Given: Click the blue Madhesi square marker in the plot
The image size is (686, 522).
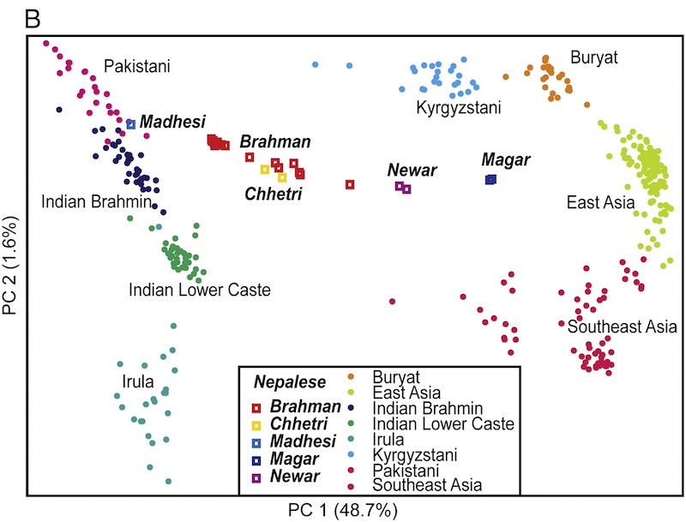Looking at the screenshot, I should click(x=131, y=124).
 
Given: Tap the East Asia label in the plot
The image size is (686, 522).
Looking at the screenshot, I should click(x=599, y=203).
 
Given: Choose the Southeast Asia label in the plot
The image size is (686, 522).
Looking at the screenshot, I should click(x=623, y=327).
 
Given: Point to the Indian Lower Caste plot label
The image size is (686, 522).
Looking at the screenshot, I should click(x=200, y=291).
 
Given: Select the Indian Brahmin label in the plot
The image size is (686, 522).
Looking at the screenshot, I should click(x=97, y=201).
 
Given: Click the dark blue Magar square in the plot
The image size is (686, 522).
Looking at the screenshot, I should click(x=490, y=179).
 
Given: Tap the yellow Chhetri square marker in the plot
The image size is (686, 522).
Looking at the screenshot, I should click(x=265, y=169).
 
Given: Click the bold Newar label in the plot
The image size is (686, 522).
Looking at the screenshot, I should click(x=412, y=171).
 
